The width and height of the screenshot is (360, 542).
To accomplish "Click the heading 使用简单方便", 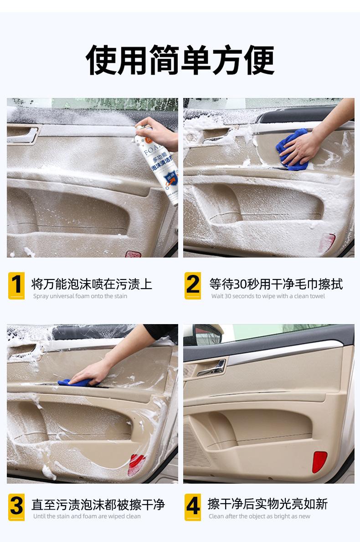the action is pos(180,60).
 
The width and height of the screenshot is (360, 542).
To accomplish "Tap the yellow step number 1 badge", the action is pos(16,285).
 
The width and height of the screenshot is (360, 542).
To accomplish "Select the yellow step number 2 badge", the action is pos(193,285).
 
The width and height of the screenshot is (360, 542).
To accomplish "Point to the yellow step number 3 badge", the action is pos(16,507).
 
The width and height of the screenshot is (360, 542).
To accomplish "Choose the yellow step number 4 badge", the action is pos(193,507).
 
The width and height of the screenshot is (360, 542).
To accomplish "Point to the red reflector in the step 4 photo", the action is pos(319,462).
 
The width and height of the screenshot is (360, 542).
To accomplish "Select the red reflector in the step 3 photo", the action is pos(136,465).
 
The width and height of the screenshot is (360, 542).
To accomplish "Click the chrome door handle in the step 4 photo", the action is pos(212,368).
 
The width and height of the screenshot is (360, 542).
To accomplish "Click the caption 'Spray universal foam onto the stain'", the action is pos(80,296).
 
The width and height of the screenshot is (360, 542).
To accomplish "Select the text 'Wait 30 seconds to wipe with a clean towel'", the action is pos(268,296).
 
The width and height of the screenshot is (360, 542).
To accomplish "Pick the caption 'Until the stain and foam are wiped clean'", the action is pos(87,516).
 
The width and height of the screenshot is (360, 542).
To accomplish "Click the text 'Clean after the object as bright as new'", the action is pos(259,516).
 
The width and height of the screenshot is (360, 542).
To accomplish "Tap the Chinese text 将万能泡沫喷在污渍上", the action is pos(92,284).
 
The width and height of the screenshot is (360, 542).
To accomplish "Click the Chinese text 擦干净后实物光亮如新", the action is pos(267,504).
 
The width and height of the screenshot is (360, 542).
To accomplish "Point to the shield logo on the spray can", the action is pos(170,180).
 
